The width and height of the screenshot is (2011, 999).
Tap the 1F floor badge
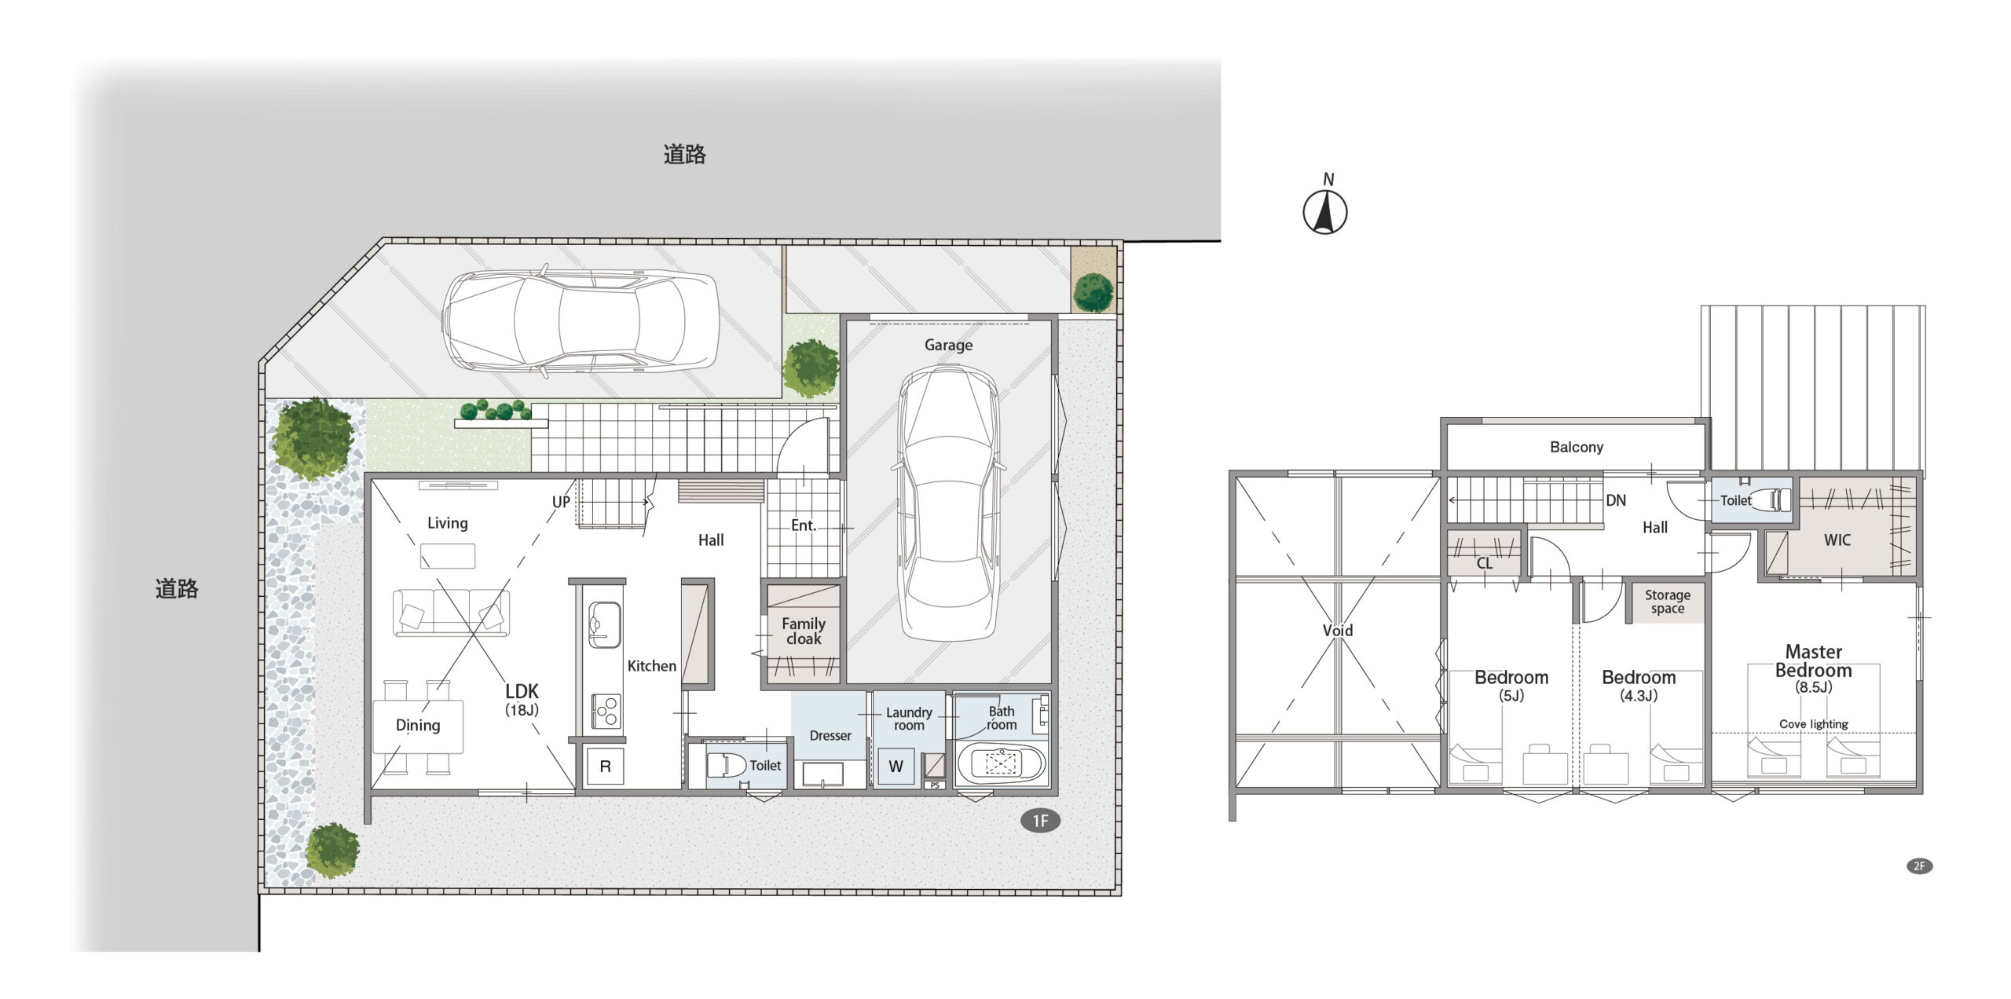(1040, 821)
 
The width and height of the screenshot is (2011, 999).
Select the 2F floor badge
(1919, 865)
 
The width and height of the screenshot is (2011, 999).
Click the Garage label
(948, 345)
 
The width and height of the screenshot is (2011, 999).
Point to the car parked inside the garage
(948, 503)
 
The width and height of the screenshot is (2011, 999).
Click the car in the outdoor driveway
(581, 320)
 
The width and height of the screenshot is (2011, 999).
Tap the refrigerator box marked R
(605, 766)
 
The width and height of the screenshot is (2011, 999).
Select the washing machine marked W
(896, 767)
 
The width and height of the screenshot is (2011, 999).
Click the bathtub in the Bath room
(1001, 763)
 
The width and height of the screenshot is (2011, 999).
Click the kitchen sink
(604, 624)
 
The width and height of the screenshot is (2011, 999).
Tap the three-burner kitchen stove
(606, 712)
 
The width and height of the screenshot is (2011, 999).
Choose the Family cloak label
(804, 631)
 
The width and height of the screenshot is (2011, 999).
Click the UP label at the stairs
(561, 502)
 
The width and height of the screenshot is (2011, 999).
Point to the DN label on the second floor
(1616, 500)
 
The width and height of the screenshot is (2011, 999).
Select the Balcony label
(1576, 447)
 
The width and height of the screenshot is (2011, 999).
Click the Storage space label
(1667, 602)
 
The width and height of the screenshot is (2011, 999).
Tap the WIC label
(1837, 540)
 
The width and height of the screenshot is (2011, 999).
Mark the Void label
(1338, 630)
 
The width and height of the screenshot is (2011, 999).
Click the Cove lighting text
(1813, 724)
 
